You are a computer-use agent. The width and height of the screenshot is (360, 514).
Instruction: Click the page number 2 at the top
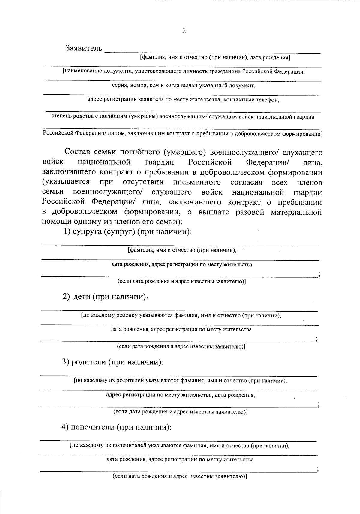click(184, 31)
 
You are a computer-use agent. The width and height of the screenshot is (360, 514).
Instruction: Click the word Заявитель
click(84, 48)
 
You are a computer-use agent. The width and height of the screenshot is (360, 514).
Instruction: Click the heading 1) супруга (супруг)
click(127, 232)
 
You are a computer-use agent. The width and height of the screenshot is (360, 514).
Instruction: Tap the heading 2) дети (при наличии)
click(105, 297)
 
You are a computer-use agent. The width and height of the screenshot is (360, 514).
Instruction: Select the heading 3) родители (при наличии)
click(112, 362)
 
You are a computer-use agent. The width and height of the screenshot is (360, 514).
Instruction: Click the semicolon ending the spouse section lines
click(320, 274)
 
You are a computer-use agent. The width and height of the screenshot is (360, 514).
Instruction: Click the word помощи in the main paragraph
click(55, 222)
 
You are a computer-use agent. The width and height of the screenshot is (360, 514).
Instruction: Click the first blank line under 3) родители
click(178, 376)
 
